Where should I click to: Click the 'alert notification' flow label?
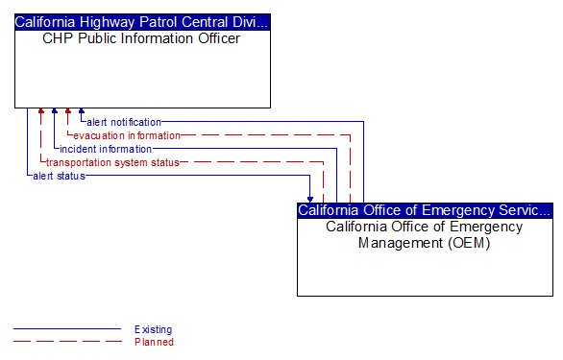pos(124,122)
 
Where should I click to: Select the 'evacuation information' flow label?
pos(127,135)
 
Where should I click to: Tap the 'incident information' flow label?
pos(106,149)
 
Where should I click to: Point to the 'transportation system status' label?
pos(112,162)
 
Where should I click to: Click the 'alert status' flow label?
pos(59,176)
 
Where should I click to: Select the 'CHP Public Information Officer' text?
pos(142,39)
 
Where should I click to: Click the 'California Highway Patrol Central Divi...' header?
pos(142,21)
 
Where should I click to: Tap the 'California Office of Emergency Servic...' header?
pos(425,209)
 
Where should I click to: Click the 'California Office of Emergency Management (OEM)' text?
pos(425,234)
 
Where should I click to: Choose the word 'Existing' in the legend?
pos(154,329)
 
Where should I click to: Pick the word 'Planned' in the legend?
pos(154,342)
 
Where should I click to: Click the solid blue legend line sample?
pos(67,329)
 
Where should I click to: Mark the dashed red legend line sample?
pos(67,342)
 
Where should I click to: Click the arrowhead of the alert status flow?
pos(310,198)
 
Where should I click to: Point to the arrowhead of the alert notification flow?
pos(82,112)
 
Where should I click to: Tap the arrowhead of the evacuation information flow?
pos(68,112)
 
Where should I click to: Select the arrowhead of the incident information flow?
pos(55,112)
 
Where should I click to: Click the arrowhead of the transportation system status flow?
pos(41,112)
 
